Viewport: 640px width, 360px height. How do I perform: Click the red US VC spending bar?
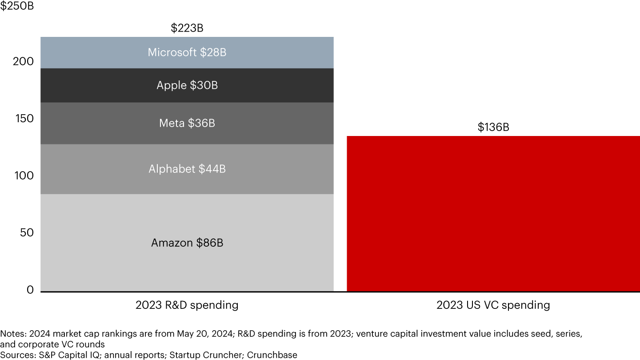click(x=493, y=213)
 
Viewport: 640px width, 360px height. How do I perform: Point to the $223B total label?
click(x=187, y=28)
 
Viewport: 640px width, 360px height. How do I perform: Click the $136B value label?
click(x=493, y=127)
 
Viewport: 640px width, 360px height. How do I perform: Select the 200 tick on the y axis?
click(x=23, y=61)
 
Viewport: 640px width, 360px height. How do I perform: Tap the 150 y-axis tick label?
click(x=23, y=118)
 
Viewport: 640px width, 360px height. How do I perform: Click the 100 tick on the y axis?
click(x=23, y=176)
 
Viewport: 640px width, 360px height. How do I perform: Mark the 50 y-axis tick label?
click(x=26, y=232)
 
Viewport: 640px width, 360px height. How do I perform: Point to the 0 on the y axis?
click(x=30, y=290)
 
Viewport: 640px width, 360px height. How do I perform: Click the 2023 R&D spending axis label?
click(x=187, y=305)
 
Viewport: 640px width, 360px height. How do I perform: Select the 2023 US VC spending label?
click(x=493, y=305)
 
